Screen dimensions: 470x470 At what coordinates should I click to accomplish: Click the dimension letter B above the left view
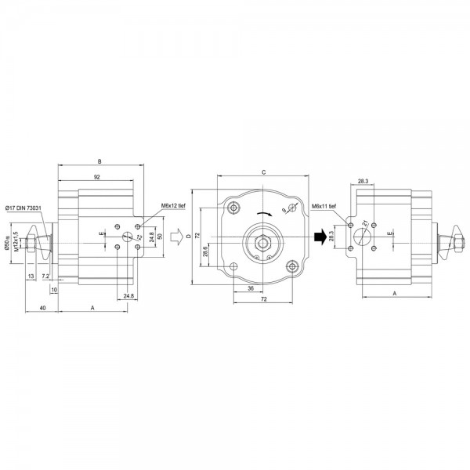tap(99, 161)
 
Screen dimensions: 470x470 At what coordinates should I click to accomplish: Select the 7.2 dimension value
tap(45, 277)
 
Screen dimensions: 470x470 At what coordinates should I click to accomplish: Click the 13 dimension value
tap(31, 277)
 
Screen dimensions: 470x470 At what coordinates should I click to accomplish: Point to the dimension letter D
tap(189, 235)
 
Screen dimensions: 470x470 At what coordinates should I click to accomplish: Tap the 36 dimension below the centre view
tap(248, 288)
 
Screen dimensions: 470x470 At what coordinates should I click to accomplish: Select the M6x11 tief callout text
tap(324, 206)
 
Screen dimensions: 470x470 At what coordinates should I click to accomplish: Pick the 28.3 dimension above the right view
tap(363, 181)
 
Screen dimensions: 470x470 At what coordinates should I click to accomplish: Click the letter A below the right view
tap(393, 291)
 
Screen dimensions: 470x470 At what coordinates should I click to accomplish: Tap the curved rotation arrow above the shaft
tap(262, 211)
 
